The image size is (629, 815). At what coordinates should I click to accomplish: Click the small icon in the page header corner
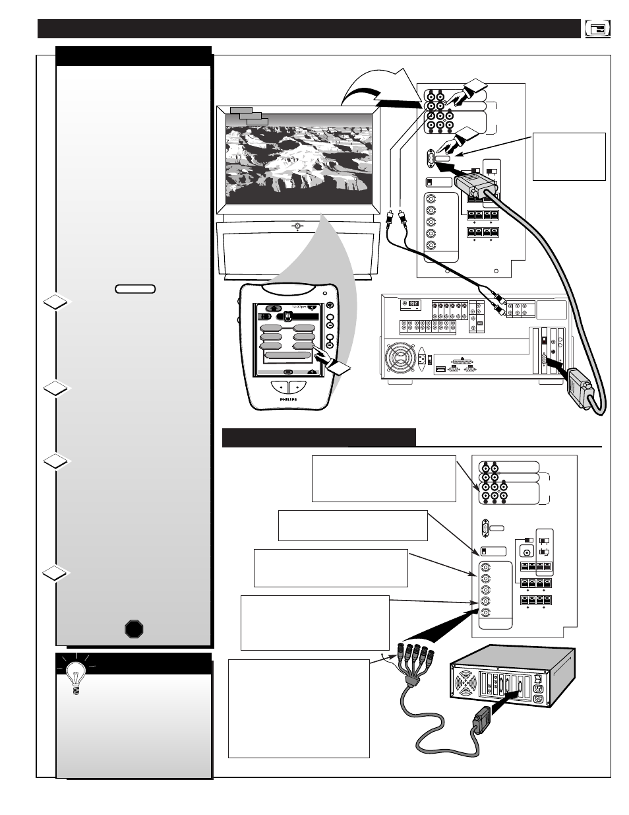coord(597,29)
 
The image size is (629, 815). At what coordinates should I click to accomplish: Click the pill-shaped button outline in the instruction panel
coord(135,288)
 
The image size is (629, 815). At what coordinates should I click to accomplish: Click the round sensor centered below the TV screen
coord(298,226)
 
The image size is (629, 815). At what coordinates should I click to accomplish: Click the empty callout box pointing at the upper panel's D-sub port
coord(568,156)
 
